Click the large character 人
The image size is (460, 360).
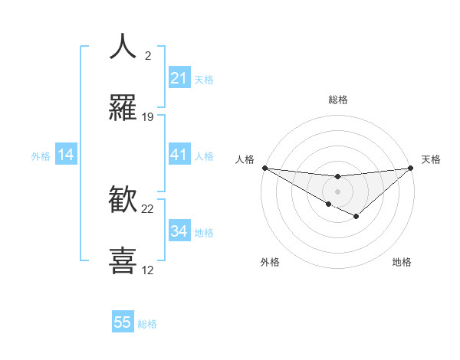click(x=123, y=46)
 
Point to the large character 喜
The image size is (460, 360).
click(x=123, y=260)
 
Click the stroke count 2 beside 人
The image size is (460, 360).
click(x=148, y=55)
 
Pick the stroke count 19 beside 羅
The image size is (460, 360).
click(x=148, y=117)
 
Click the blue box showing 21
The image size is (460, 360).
click(x=179, y=78)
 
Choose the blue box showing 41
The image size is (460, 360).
click(x=179, y=155)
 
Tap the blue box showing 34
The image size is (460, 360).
click(x=179, y=231)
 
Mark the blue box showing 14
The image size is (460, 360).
click(x=66, y=155)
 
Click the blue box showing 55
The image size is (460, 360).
click(x=123, y=322)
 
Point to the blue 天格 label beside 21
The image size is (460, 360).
click(x=204, y=80)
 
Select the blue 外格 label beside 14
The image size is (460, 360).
click(x=41, y=156)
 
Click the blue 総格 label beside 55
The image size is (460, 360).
click(x=147, y=324)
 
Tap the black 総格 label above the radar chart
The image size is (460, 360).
click(x=338, y=100)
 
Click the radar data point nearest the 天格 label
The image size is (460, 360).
click(x=412, y=168)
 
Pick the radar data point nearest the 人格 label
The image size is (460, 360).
click(x=264, y=167)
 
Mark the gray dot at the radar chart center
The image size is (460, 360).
click(x=337, y=191)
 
